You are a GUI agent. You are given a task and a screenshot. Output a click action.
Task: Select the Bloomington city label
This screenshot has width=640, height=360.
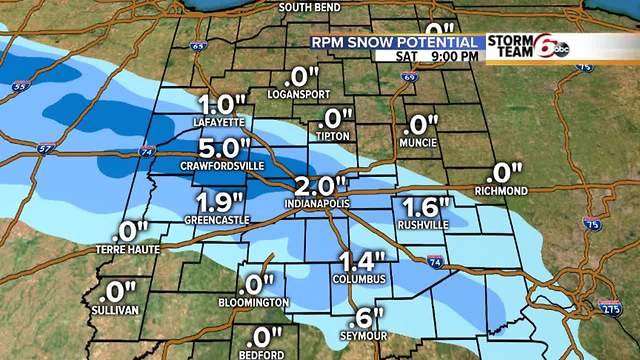tap(256, 302)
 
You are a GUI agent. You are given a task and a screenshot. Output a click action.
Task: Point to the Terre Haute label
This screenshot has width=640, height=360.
tap(127, 248)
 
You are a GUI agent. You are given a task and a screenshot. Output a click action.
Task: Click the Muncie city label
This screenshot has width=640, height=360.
tap(419, 143)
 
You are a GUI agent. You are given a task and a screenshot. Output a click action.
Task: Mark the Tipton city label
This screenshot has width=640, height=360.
tap(332, 135)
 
